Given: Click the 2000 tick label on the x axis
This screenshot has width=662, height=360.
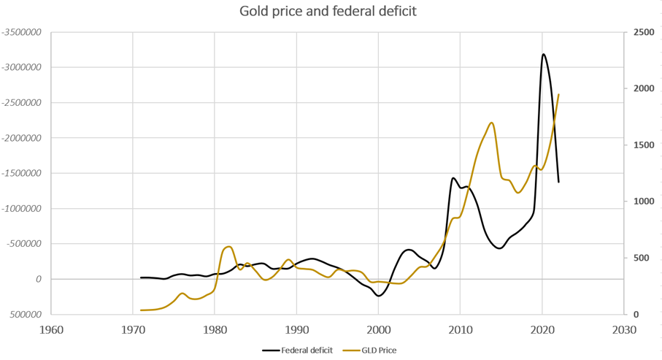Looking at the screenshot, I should coord(379,329).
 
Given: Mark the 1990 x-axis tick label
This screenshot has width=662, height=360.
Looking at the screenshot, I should coord(296,329).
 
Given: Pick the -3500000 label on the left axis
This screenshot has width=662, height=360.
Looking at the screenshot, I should coord(21,32).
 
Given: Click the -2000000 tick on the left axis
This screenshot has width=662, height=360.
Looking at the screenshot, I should coord(21,138).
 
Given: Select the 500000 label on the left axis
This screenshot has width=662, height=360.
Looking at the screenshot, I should coord(24,315).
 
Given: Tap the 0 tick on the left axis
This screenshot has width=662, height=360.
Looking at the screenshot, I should coord(38,279).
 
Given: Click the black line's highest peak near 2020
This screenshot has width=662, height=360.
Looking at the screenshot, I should coord(543,54).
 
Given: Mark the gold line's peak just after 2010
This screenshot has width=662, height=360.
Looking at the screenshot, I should coord(492,123).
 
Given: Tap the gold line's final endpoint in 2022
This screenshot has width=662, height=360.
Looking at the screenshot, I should coord(559,94).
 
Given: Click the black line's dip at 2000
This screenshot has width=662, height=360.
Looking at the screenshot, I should coord(378,296).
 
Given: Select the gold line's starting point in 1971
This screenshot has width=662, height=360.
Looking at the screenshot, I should coord(141,310).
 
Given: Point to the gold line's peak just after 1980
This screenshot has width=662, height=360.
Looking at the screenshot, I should coord(229,247).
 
